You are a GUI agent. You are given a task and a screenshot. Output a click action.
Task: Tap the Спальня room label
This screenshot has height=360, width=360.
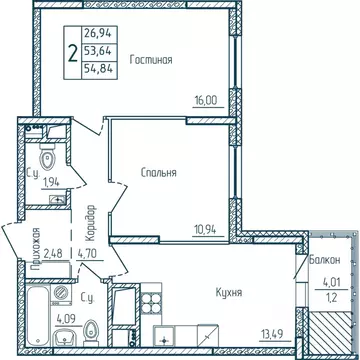[x=159, y=172]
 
